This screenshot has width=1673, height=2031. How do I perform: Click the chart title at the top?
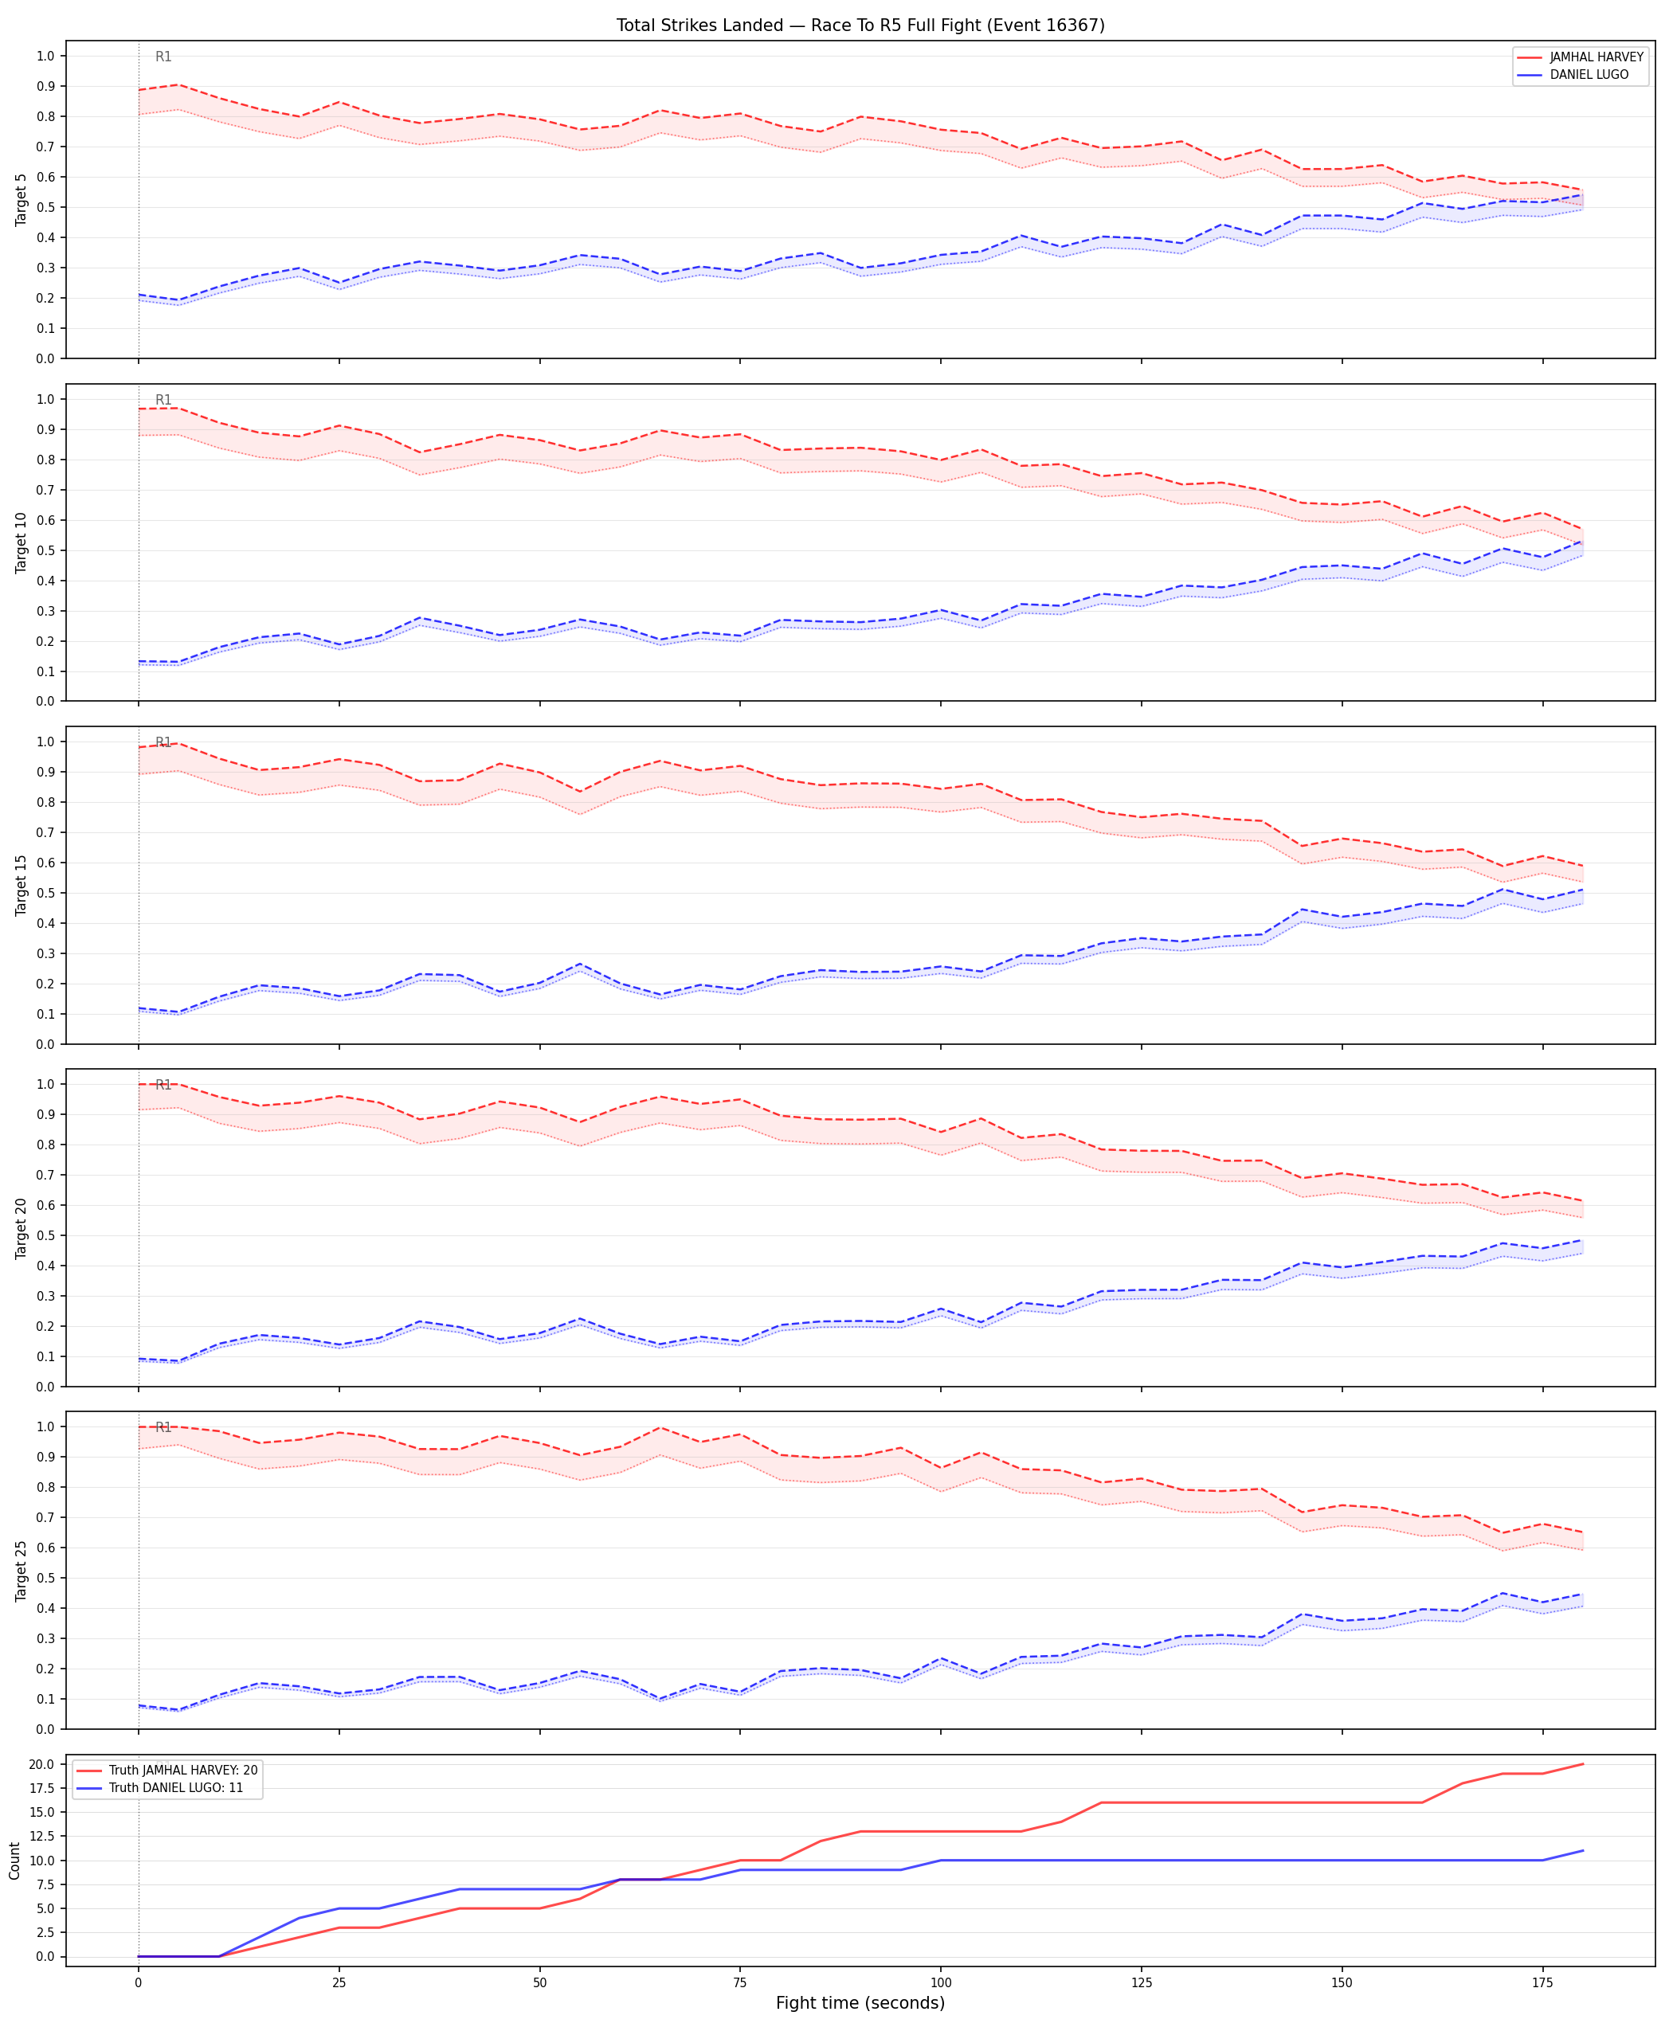pos(860,25)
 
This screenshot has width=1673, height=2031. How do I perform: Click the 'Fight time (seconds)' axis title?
pos(860,2003)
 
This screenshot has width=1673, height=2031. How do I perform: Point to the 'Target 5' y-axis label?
pos(22,199)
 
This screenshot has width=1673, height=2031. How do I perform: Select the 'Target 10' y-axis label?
pos(22,542)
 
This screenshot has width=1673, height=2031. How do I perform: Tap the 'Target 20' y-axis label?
pos(22,1227)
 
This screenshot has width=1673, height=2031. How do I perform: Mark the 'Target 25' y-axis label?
pos(22,1571)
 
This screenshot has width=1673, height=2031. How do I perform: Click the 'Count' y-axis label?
pos(14,1861)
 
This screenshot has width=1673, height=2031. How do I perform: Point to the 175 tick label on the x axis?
pos(1542,1982)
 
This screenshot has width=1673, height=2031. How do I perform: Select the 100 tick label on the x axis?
pos(941,1982)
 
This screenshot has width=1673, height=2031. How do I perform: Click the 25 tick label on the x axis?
pos(339,1982)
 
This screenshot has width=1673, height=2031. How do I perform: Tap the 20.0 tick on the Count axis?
pos(42,1764)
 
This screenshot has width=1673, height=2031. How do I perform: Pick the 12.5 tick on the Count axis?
pos(42,1837)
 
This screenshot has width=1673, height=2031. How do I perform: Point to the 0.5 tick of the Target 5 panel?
pos(45,207)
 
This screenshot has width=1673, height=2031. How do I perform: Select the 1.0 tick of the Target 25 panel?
pos(45,1427)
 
